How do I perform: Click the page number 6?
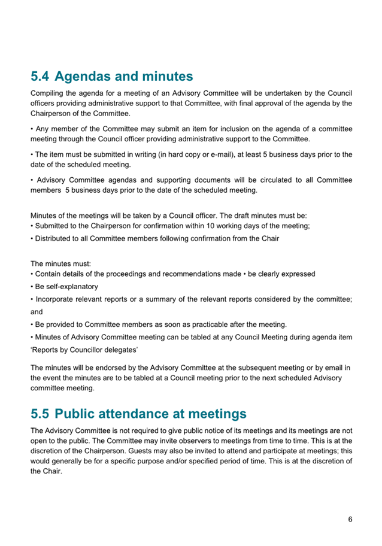pyautogui.click(x=350, y=519)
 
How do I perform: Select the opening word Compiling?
pyautogui.click(x=49, y=93)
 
